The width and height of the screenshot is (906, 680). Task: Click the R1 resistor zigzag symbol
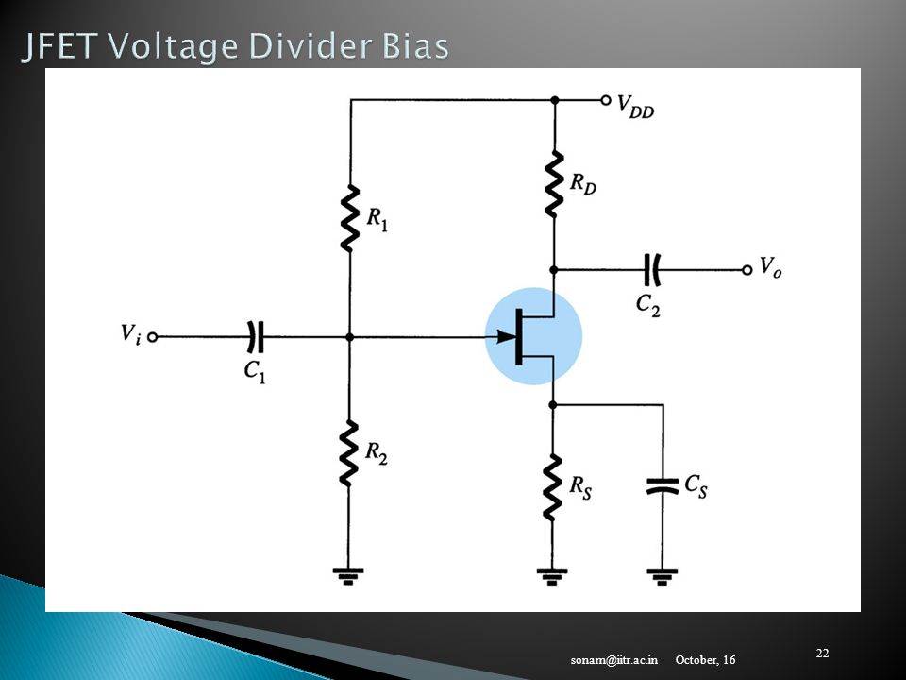pos(349,218)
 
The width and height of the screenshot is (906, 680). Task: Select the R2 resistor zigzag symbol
pos(348,454)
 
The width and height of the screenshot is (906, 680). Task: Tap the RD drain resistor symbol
pos(554,184)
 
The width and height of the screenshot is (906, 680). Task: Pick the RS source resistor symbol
pos(552,487)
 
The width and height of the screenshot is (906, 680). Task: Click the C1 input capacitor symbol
pos(255,336)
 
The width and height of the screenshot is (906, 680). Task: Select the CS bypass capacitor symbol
pos(663,486)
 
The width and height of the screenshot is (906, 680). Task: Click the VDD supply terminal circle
pos(606,101)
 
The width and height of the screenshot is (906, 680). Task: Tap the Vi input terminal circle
pos(153,337)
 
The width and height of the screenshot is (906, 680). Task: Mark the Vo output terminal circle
pos(747,270)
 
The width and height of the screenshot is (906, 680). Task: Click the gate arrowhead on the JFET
pos(507,336)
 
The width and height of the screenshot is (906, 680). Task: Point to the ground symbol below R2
pos(348,576)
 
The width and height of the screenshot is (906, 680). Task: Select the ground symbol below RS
pos(552,576)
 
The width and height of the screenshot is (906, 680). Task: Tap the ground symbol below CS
pos(663,576)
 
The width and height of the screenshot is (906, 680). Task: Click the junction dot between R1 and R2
pos(349,337)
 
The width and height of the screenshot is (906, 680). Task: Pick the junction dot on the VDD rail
pos(555,101)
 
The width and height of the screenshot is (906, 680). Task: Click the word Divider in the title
pos(312,46)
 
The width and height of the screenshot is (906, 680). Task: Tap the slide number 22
pos(822,654)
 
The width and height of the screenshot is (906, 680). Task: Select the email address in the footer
pos(614,660)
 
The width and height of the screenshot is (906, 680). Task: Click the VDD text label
pos(635,107)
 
